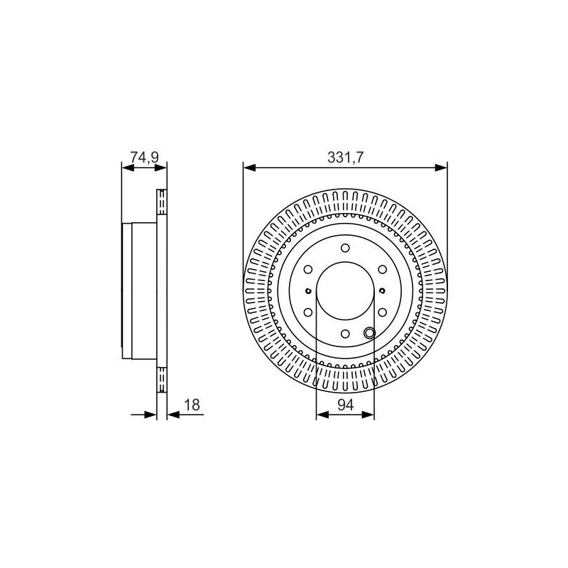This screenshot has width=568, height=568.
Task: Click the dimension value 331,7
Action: tap(345, 158)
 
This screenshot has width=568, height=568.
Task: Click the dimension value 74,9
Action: tap(145, 158)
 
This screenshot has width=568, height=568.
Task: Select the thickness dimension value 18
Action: tap(192, 405)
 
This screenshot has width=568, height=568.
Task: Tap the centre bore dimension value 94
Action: tap(345, 405)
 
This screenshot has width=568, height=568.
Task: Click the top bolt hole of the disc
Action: tap(345, 248)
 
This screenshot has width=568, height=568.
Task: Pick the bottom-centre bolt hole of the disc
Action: tap(345, 334)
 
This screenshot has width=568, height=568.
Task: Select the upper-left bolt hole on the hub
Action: tap(308, 270)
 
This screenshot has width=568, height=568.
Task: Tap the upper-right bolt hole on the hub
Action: tap(383, 270)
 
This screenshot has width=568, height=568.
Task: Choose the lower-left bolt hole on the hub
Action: tap(308, 312)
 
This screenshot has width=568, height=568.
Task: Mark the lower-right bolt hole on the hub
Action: tap(383, 312)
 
